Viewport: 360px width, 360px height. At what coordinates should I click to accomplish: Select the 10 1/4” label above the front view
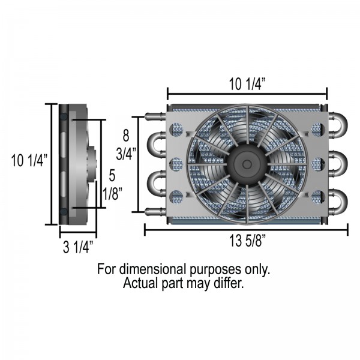click(247, 83)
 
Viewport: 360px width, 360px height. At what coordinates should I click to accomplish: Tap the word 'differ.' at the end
click(229, 283)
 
